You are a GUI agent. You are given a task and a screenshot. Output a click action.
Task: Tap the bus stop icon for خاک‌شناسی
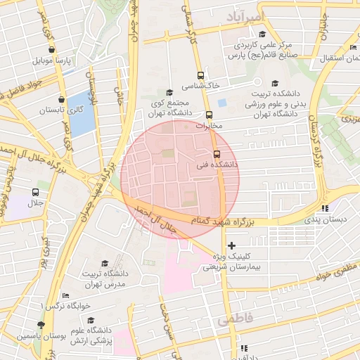point(201,75)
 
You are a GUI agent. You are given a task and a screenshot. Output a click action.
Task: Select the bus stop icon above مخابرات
point(209,115)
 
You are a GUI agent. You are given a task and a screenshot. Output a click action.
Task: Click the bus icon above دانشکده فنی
point(217,154)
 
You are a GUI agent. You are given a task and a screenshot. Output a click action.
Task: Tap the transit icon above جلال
point(35,192)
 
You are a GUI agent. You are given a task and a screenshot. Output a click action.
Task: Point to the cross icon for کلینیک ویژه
point(231,245)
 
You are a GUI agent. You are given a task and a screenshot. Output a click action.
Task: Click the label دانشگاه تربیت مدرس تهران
point(103,278)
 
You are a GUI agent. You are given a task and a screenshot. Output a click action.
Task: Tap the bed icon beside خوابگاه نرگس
point(66,295)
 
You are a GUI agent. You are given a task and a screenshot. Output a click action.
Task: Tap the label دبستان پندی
point(325,219)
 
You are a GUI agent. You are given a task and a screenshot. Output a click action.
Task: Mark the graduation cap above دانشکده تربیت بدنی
point(274,83)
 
